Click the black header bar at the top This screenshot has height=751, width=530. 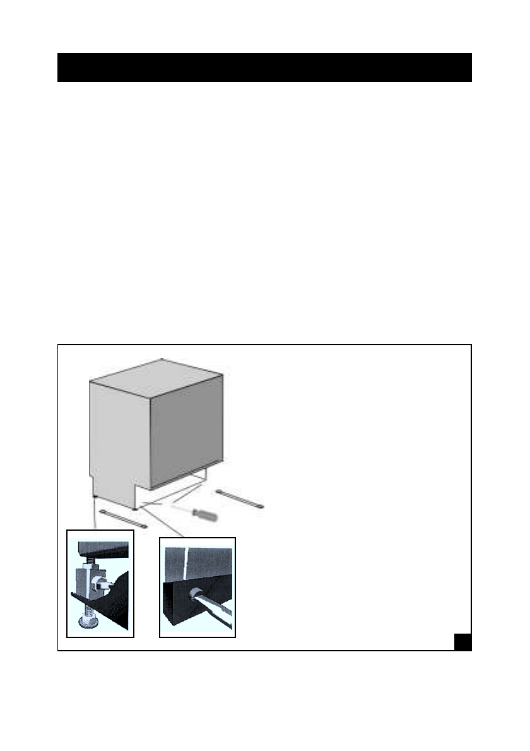pyautogui.click(x=264, y=68)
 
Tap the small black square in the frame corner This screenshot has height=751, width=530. pyautogui.click(x=462, y=641)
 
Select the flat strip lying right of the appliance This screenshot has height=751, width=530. pyautogui.click(x=239, y=499)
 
